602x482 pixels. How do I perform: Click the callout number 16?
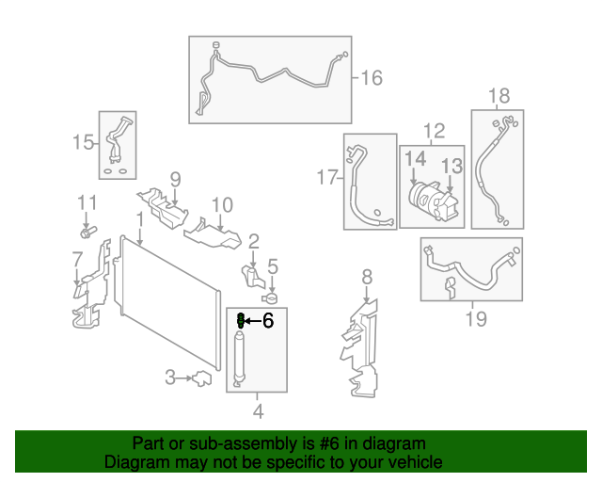click(x=372, y=77)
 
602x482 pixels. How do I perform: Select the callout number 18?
click(x=499, y=95)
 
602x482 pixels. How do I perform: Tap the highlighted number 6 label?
click(x=267, y=321)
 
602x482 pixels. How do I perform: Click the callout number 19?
click(x=477, y=319)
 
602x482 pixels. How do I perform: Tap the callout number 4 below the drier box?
click(x=259, y=410)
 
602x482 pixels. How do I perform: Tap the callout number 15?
click(x=84, y=142)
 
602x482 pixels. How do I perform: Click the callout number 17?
click(x=326, y=177)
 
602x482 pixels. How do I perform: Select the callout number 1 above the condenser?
click(x=139, y=218)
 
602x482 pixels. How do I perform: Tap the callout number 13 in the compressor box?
click(x=452, y=166)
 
